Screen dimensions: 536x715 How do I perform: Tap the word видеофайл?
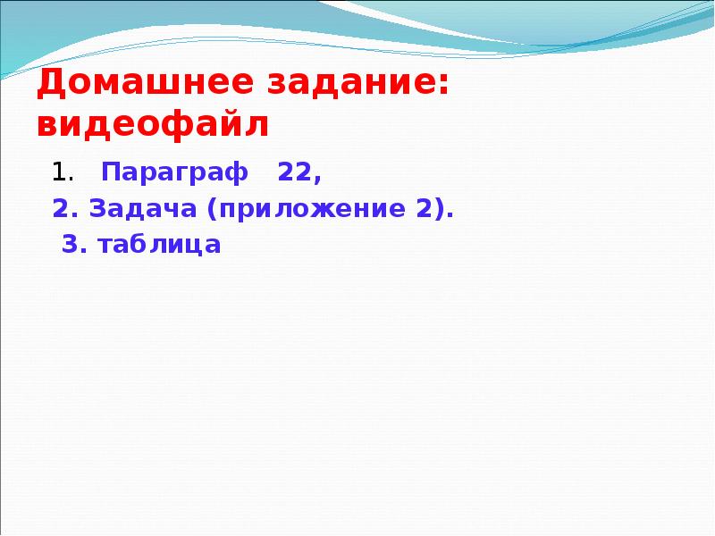(x=153, y=125)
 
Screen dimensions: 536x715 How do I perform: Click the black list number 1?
(x=57, y=172)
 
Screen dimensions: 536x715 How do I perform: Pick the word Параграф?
(x=174, y=172)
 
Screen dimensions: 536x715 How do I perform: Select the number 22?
(x=292, y=172)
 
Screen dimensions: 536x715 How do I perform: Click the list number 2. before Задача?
(x=65, y=209)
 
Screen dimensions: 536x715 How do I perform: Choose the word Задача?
(x=142, y=209)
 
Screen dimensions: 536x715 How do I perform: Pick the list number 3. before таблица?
(x=74, y=245)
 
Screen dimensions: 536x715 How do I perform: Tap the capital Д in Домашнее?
(x=50, y=86)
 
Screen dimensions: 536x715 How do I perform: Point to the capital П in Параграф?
(x=109, y=171)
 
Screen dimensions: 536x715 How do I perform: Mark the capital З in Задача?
(x=95, y=209)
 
